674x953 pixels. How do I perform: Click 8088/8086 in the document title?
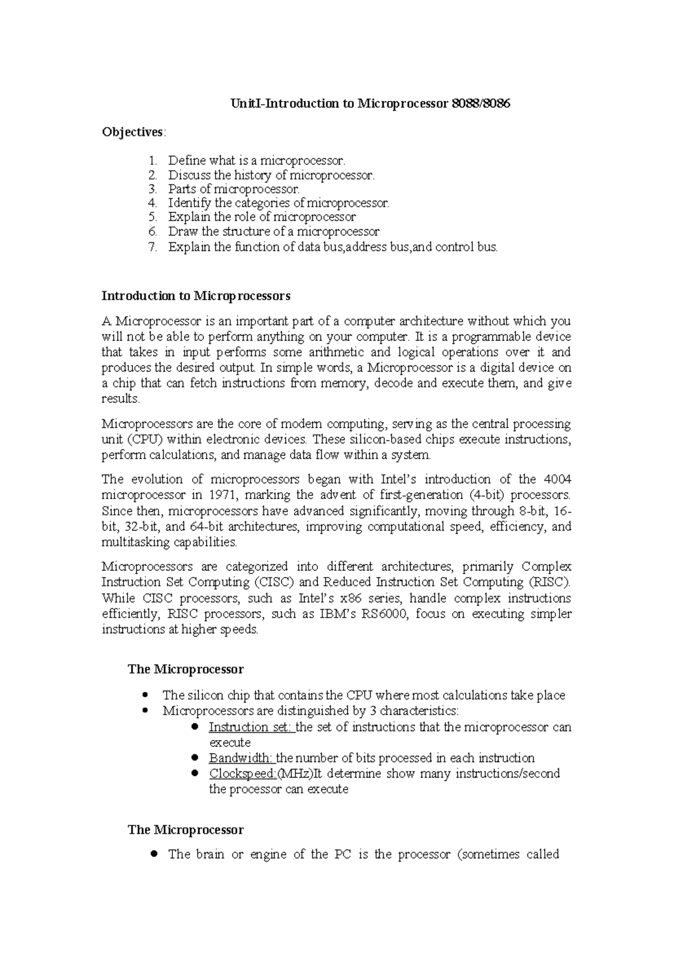(481, 104)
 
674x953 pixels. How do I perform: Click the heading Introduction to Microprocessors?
(195, 296)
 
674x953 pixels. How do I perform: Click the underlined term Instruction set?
(251, 727)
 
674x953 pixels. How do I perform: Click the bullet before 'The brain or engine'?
(154, 854)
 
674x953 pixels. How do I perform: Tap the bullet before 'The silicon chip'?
(145, 695)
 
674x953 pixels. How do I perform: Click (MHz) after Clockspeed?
(295, 774)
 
